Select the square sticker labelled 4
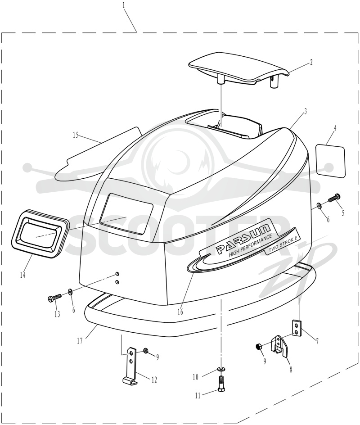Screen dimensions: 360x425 (330, 162)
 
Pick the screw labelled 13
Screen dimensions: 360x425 (54, 298)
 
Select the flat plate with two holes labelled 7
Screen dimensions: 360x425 (297, 327)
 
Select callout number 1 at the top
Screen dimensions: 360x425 (123, 5)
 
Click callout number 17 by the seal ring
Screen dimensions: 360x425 (79, 340)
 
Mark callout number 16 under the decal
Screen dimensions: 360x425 (180, 312)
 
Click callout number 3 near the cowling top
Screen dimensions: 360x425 (305, 111)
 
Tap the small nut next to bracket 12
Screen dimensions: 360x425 (145, 351)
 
